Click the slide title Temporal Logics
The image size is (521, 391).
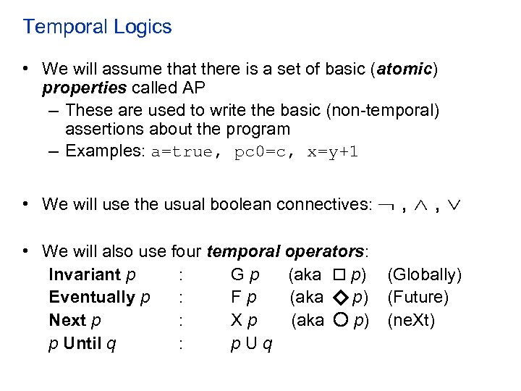pyautogui.click(x=97, y=28)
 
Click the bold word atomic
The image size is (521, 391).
pyautogui.click(x=402, y=70)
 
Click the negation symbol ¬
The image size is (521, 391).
pyautogui.click(x=385, y=205)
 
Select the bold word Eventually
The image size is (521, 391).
pyautogui.click(x=92, y=298)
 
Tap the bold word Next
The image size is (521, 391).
pyautogui.click(x=65, y=320)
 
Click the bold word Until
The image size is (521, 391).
pyautogui.click(x=83, y=343)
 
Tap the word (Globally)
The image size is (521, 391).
pyautogui.click(x=424, y=275)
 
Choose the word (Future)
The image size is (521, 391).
pyautogui.click(x=418, y=298)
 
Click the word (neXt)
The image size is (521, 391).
pyautogui.click(x=411, y=320)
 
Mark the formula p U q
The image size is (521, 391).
pyautogui.click(x=251, y=343)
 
